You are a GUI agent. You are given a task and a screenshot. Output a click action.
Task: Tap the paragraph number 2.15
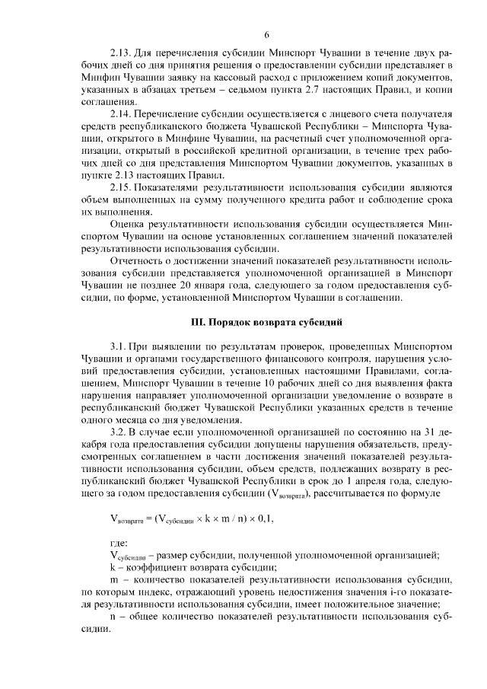pos(122,187)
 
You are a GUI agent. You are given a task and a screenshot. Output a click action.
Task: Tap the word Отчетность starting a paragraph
pos(138,261)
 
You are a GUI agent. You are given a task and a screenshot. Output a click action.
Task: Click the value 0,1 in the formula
pos(261,518)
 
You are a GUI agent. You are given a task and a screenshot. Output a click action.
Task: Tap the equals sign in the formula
pos(148,518)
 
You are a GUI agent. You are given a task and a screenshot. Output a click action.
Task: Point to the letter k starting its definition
pos(113,567)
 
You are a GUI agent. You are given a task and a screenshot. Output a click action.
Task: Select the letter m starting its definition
pos(113,580)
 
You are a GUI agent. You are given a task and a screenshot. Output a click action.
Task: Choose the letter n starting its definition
pos(113,617)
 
